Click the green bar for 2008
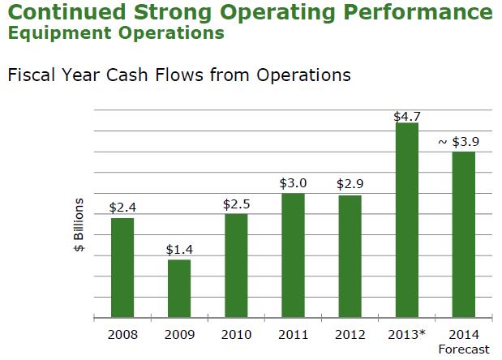pyautogui.click(x=122, y=268)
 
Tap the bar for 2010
pyautogui.click(x=236, y=265)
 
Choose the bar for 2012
pyautogui.click(x=350, y=256)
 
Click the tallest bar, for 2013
pyautogui.click(x=406, y=220)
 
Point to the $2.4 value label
pyautogui.click(x=122, y=208)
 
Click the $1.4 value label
pyautogui.click(x=179, y=250)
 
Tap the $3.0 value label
pyautogui.click(x=293, y=184)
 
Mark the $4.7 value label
pyautogui.click(x=406, y=117)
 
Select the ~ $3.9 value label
pyautogui.click(x=458, y=142)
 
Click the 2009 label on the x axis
pyautogui.click(x=179, y=335)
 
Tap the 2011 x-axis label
pyautogui.click(x=293, y=335)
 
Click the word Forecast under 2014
pyautogui.click(x=464, y=349)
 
